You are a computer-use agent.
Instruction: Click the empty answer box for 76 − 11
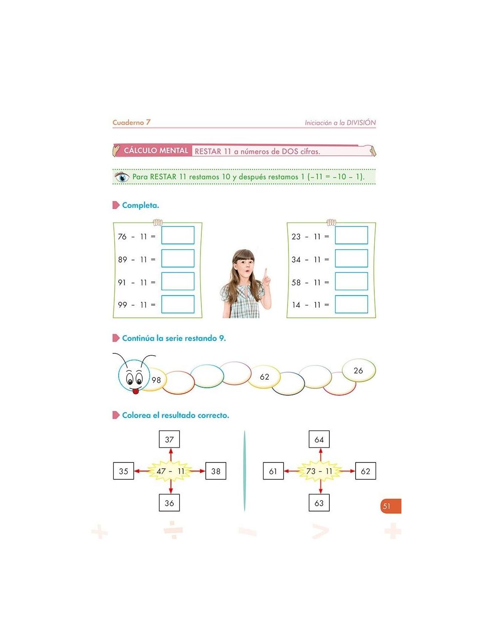coord(178,235)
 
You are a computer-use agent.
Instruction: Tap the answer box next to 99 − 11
coord(178,304)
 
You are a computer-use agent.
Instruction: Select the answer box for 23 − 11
coord(351,235)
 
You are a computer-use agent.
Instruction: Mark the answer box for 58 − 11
coord(351,281)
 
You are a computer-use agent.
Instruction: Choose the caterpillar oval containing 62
coord(264,377)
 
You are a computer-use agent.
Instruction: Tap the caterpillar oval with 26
coord(359,370)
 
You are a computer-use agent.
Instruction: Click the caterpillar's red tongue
coord(135,391)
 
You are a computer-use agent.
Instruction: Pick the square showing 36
coord(169,503)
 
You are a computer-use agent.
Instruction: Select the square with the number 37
coord(169,439)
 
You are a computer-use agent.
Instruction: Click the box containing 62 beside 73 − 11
coord(365,471)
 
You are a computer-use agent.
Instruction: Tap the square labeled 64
coord(319,439)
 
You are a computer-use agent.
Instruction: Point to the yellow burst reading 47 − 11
coord(170,471)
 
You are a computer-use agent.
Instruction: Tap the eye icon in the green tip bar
coord(122,177)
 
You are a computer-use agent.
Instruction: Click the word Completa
coord(140,205)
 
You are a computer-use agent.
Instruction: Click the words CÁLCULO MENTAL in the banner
coord(156,150)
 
